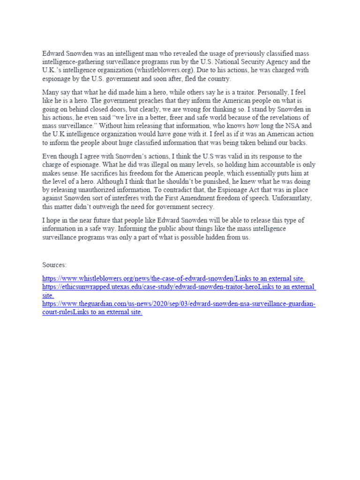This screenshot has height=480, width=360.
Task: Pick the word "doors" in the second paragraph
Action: click(112, 109)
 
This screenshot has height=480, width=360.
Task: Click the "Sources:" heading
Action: click(54, 265)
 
